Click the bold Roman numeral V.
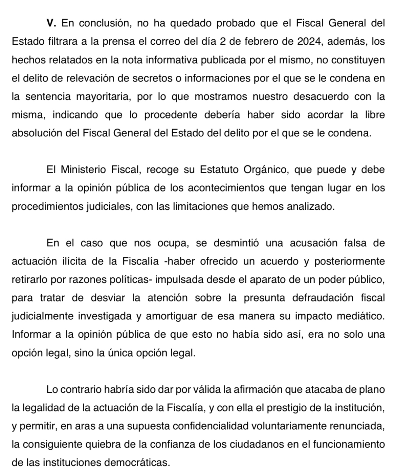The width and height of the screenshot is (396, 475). click(x=51, y=23)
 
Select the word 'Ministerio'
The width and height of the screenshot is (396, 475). click(x=83, y=169)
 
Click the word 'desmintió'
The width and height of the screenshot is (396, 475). click(x=233, y=243)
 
